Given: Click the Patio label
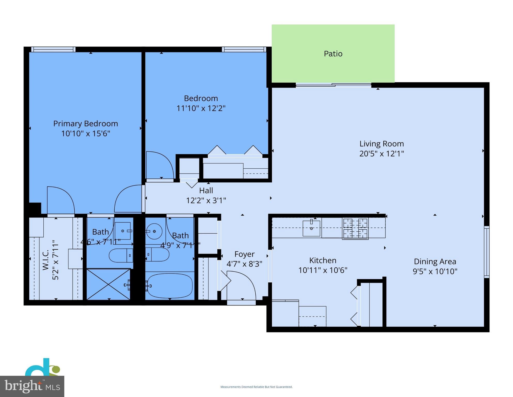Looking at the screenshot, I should (x=333, y=54).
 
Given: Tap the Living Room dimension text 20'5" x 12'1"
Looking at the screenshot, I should (x=381, y=154).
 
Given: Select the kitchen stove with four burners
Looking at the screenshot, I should (x=355, y=228).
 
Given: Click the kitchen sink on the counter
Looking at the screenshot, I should (x=311, y=228).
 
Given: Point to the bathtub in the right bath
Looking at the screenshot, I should (x=170, y=286).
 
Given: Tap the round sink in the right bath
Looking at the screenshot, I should (x=154, y=231).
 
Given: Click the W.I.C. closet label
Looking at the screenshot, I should (x=46, y=260).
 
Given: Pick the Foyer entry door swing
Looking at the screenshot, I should (x=241, y=284).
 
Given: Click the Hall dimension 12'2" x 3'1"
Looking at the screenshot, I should (x=206, y=200).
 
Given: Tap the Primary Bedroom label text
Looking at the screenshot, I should (x=85, y=124).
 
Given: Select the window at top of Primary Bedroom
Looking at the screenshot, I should (x=53, y=49).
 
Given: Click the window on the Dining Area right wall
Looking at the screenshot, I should (x=486, y=252).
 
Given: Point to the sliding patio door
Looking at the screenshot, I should (x=333, y=85).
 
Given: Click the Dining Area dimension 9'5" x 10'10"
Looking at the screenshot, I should (x=435, y=271).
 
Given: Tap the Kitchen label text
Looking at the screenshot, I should (x=322, y=260).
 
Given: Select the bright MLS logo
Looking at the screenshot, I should (x=32, y=386).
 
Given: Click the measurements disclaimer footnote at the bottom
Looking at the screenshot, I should (x=256, y=387).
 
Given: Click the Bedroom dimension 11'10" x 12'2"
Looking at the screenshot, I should (x=201, y=108).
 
